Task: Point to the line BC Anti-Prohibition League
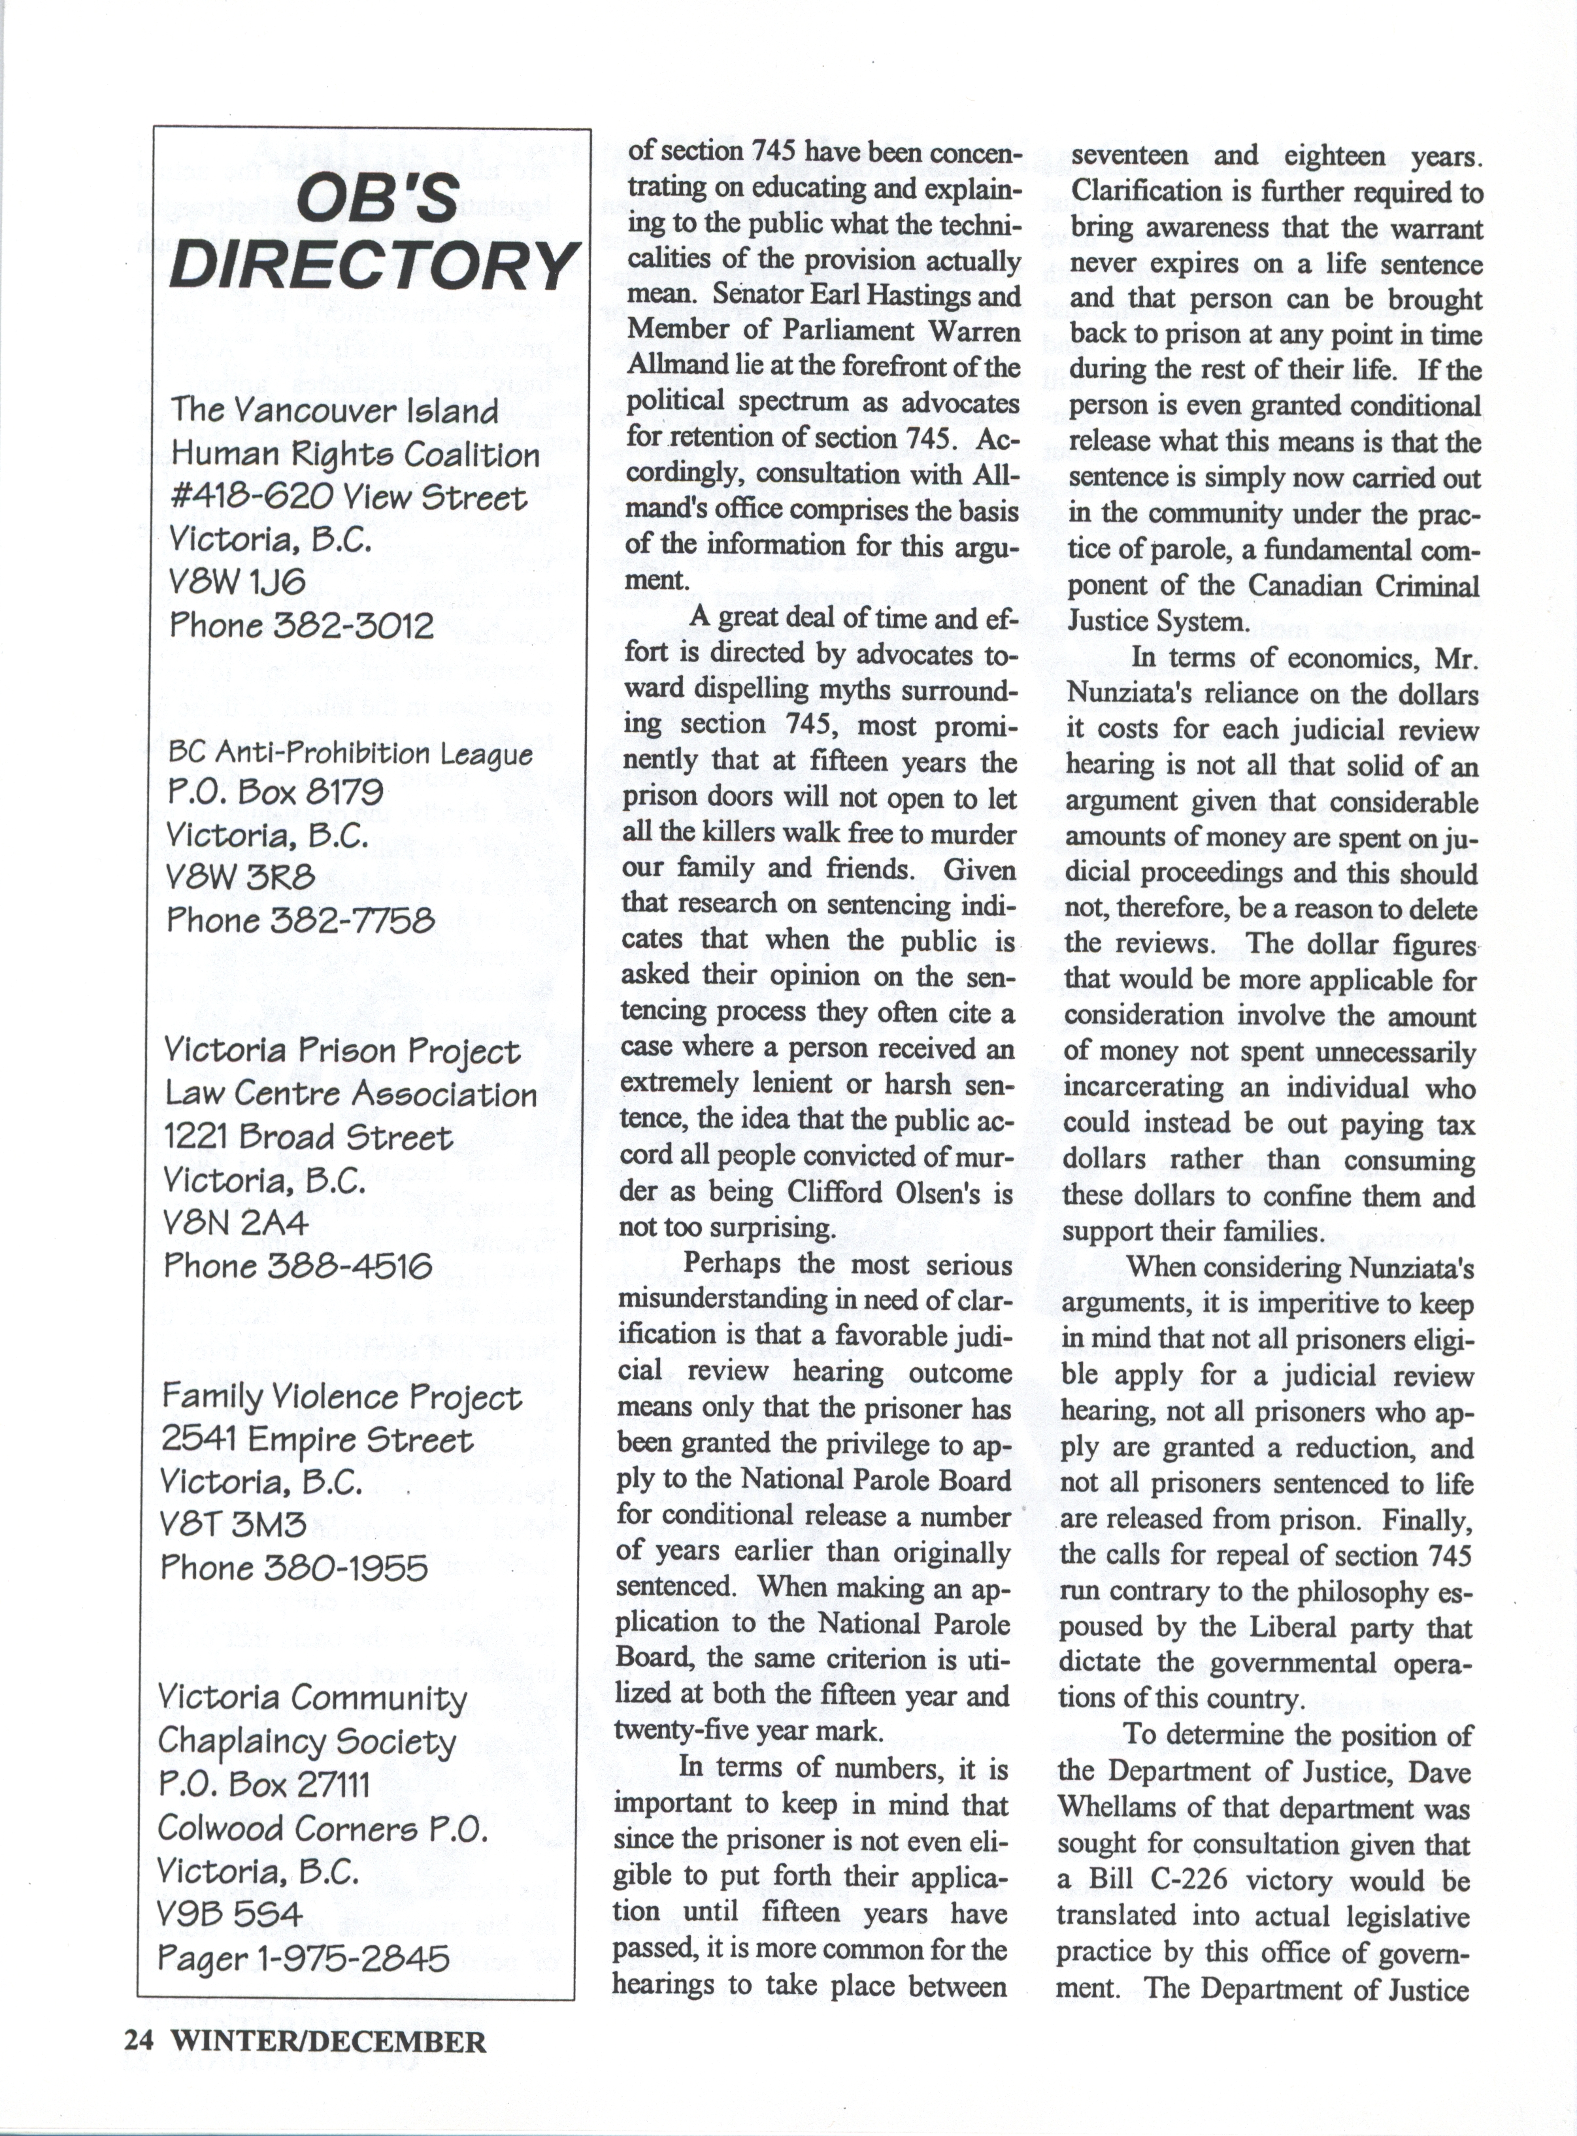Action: (350, 753)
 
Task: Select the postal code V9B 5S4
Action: (231, 1914)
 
